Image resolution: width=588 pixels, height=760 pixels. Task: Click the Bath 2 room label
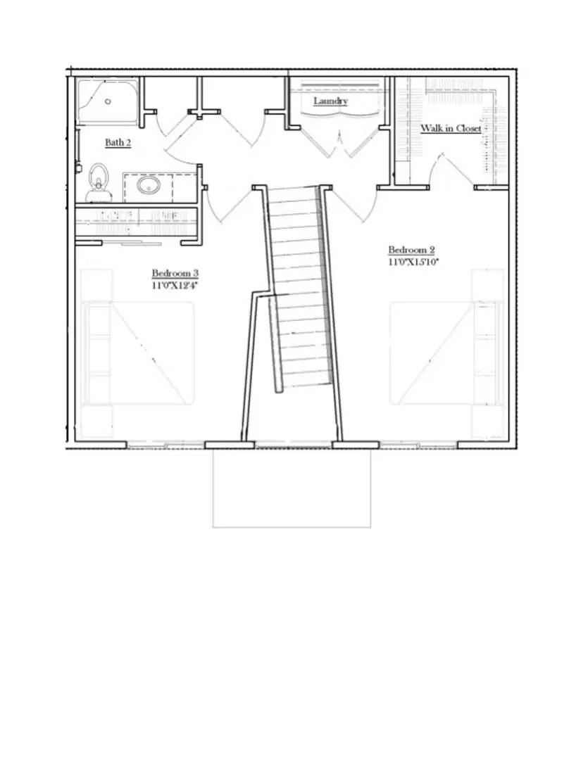[x=118, y=143]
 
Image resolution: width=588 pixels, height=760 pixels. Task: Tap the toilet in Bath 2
[x=98, y=182]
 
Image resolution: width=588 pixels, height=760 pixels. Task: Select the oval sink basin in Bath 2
[x=149, y=186]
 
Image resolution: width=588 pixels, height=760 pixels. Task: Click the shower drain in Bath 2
[x=108, y=101]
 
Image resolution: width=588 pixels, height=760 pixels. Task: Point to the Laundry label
[x=330, y=101]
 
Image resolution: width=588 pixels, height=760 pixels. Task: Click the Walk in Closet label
[x=451, y=129]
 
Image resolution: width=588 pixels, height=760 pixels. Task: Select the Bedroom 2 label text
[x=412, y=250]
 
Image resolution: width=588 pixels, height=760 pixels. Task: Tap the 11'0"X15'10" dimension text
[x=412, y=262]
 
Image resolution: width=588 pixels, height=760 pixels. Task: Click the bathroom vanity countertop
[x=159, y=186]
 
